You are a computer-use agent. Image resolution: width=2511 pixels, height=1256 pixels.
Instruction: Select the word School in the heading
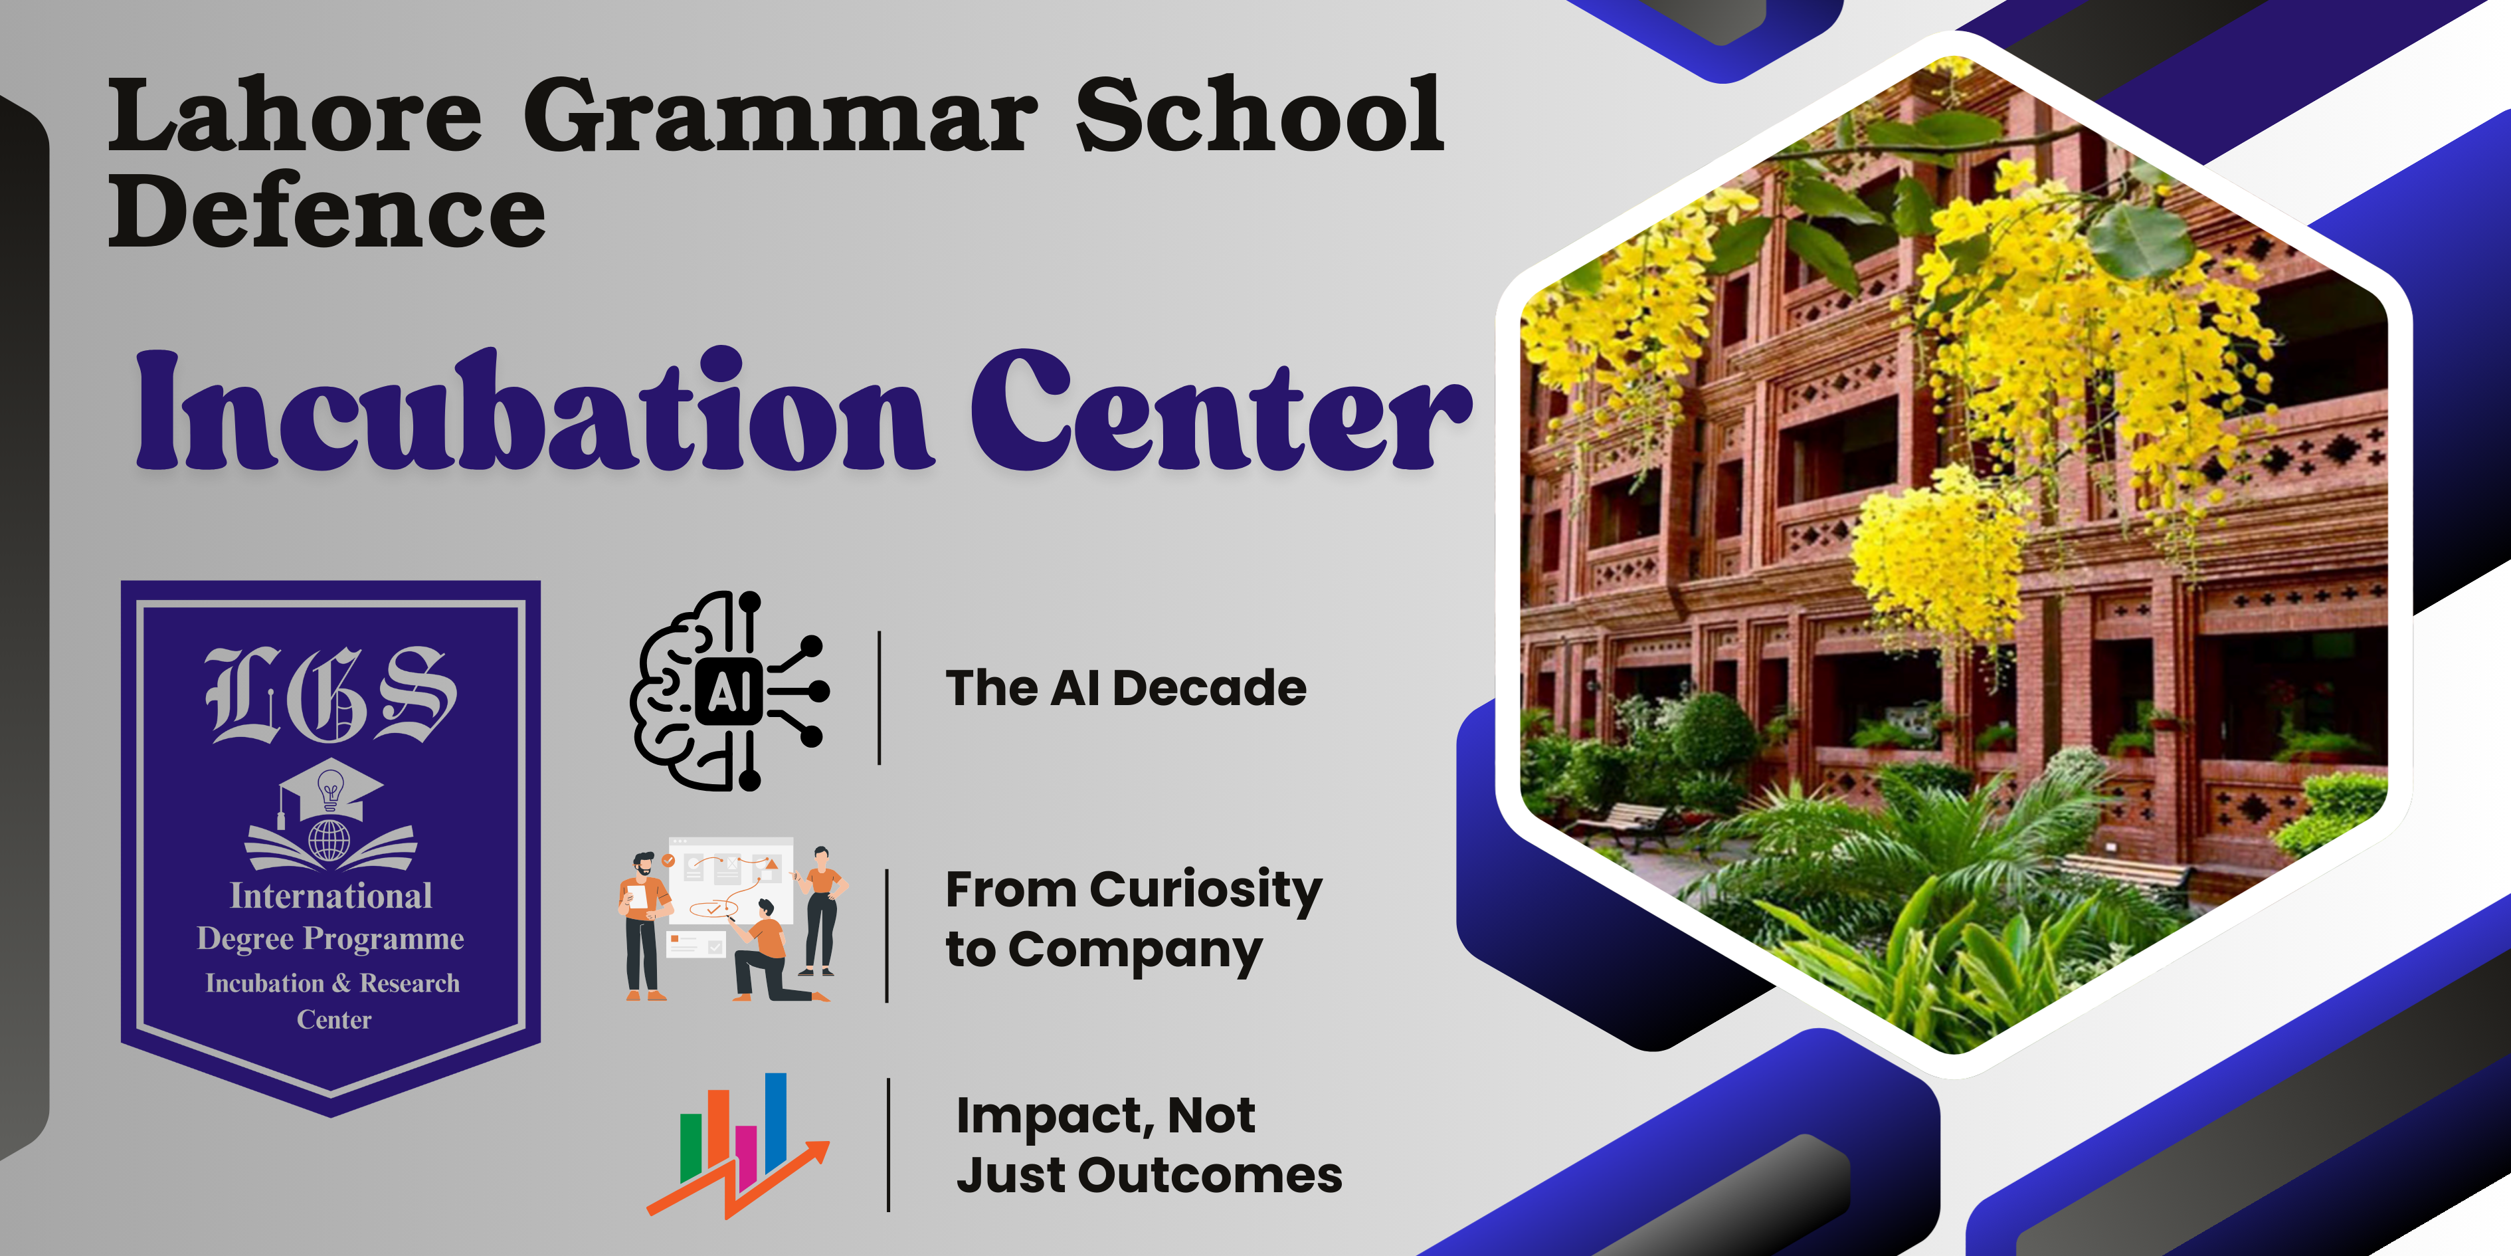coord(1258,114)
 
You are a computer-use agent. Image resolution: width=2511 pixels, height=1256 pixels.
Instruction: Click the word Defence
coord(327,209)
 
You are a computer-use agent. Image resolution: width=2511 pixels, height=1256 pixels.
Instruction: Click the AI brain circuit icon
coord(729,690)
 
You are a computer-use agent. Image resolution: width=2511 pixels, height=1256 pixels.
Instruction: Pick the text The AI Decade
coord(1126,688)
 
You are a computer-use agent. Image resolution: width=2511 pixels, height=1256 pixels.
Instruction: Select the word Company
coord(1136,952)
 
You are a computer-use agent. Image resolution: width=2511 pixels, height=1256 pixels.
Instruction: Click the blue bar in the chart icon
coord(776,1122)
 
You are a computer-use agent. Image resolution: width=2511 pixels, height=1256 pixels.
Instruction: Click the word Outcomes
coord(1210,1175)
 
